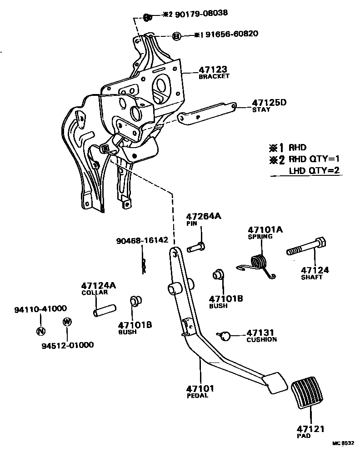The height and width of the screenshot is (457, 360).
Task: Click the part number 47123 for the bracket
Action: pos(213,70)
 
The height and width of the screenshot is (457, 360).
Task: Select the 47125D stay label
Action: pos(269,102)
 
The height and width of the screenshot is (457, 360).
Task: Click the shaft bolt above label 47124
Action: pos(305,248)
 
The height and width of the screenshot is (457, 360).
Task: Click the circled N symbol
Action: pos(40,331)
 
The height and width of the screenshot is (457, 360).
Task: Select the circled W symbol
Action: pos(67,322)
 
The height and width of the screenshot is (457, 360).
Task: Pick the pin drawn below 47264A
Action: pos(196,247)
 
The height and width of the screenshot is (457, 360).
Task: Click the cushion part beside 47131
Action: pos(225,336)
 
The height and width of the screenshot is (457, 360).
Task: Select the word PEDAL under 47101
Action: pos(197,396)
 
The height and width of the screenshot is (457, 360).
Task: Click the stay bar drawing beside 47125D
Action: pos(207,112)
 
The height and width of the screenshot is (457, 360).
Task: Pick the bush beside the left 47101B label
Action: pos(135,301)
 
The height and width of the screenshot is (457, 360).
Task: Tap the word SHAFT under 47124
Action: pos(311,278)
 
